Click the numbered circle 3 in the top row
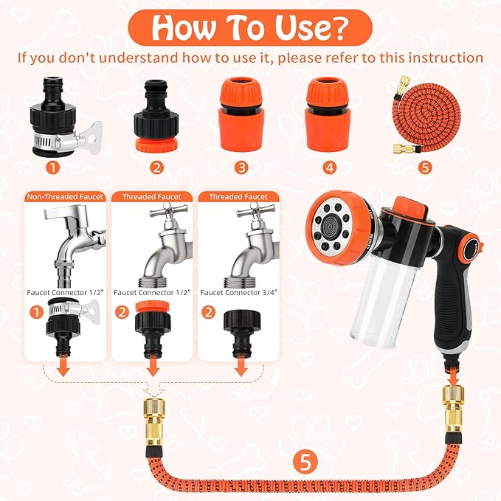(241, 167)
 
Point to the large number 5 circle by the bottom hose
(305, 462)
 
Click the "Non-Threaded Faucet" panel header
(65, 197)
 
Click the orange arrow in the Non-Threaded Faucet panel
(64, 367)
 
